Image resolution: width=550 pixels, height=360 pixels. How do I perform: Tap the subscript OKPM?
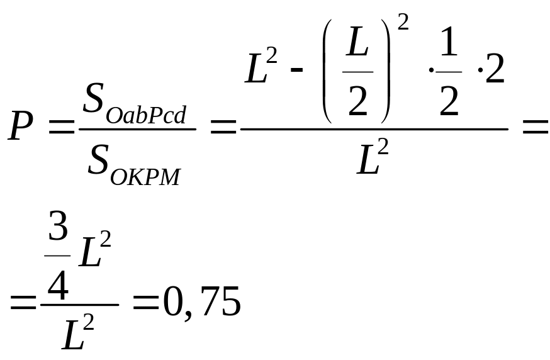pyautogui.click(x=145, y=176)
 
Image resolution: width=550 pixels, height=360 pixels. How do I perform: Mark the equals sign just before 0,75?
pyautogui.click(x=144, y=306)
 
